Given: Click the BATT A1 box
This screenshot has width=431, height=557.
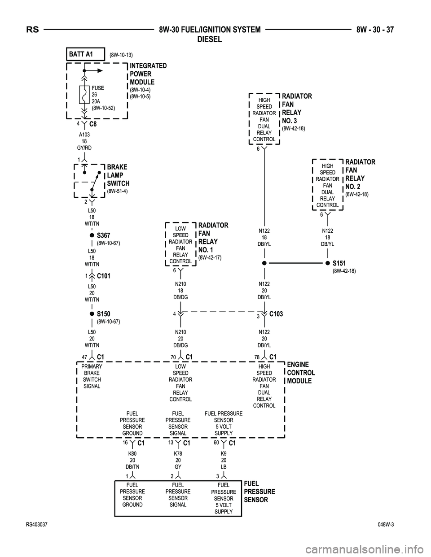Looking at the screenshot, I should tap(85, 54).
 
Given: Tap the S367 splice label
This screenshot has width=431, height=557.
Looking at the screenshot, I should tap(104, 235).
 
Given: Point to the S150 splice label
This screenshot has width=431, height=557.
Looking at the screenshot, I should tap(104, 314).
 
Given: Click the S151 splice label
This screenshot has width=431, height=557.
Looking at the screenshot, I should tap(340, 263).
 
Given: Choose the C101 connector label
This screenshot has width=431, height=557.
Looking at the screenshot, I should tap(104, 276).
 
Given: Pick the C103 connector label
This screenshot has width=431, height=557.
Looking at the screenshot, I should tap(276, 314).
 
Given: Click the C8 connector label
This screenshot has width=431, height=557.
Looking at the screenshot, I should tap(93, 124).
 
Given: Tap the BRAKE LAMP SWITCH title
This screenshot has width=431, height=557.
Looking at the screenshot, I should tap(118, 175).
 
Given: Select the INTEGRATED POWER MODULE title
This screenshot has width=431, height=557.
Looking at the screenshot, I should tap(148, 74).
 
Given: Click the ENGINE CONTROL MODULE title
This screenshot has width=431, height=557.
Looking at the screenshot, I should tap(301, 373).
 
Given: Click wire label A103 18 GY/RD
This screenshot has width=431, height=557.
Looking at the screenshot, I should tap(84, 141).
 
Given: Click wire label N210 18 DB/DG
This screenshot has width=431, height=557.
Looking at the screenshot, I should tap(180, 290).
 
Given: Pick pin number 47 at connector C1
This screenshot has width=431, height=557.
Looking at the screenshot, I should tap(84, 357).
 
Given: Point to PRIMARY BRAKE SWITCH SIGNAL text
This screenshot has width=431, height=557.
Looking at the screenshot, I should tap(92, 376).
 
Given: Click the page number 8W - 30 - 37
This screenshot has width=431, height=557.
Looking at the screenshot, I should tap(375, 30).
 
